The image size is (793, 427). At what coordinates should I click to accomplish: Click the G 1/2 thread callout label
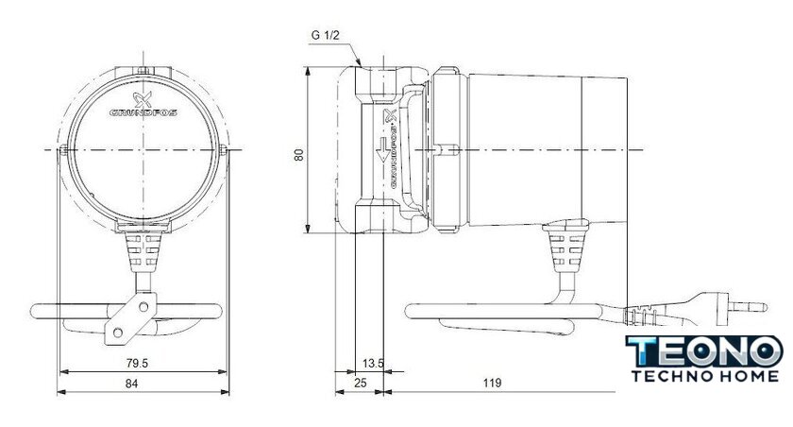click(x=325, y=35)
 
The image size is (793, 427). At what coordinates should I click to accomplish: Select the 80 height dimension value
click(x=299, y=154)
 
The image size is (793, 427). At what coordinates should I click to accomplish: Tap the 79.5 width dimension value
click(x=137, y=364)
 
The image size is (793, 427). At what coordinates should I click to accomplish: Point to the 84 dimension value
click(x=131, y=384)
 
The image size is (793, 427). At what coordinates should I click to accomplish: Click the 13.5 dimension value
click(x=373, y=364)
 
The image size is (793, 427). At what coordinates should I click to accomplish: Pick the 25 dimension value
click(x=360, y=383)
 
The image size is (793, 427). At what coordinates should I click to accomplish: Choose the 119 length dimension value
click(x=492, y=383)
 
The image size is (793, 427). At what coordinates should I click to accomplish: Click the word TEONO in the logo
click(x=703, y=351)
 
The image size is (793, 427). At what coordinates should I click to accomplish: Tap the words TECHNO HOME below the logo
click(x=705, y=376)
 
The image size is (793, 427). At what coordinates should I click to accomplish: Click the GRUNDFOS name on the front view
click(x=143, y=112)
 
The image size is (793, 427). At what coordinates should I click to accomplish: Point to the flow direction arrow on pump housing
click(x=383, y=150)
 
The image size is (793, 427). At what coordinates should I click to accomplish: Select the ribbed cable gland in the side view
click(x=565, y=247)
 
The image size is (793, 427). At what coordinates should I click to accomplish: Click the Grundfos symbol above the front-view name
click(x=143, y=99)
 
